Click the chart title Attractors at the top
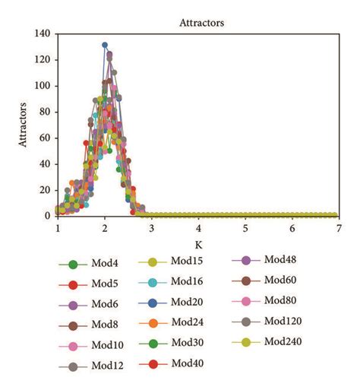(201, 24)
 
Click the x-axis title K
(199, 245)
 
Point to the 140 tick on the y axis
(42, 33)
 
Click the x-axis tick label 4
(199, 228)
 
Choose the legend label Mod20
(188, 301)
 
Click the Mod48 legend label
(281, 260)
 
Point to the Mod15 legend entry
(188, 262)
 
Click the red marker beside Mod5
(72, 285)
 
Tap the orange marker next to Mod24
(152, 322)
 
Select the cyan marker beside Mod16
(152, 281)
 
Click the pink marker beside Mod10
(72, 347)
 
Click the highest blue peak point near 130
(105, 46)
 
